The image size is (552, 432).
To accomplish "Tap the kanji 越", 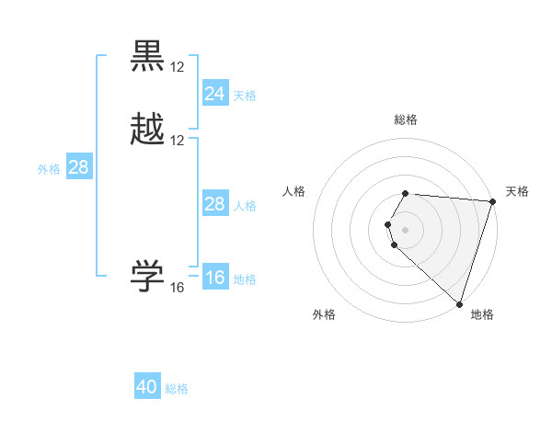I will pos(148,131).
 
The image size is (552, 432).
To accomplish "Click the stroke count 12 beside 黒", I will pos(178,67).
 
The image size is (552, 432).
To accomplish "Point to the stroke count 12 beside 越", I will pos(178,141).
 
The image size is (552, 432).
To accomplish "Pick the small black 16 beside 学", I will pos(178,288).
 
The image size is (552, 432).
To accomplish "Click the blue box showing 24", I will pos(214,94).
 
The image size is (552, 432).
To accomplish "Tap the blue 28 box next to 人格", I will pos(214,204).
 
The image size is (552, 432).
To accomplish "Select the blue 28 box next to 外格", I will pos(78,167).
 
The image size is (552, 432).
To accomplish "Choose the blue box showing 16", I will pos(214,278).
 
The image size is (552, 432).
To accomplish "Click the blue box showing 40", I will pos(147,387).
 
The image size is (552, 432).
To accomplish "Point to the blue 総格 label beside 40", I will pos(177,389).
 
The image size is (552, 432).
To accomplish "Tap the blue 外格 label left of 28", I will pos(49,169).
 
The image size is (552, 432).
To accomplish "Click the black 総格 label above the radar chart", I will pos(406,119).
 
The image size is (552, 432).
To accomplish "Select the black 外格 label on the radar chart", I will pos(324,315).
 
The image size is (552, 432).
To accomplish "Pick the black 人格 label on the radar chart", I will pos(294,191).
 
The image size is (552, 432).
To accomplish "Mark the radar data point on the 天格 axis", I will pos(493,202).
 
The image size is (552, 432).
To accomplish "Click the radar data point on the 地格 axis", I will pos(459,303).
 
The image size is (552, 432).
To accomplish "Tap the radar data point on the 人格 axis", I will pos(388,224).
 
